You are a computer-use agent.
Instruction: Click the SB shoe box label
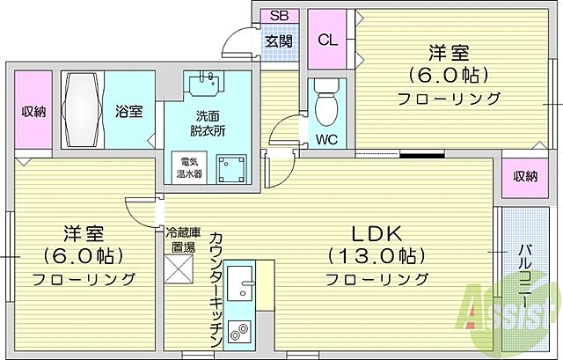(279, 15)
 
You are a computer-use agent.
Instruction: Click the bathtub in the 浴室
(84, 110)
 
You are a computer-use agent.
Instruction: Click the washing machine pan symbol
(233, 167)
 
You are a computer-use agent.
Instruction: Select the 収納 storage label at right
(525, 176)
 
